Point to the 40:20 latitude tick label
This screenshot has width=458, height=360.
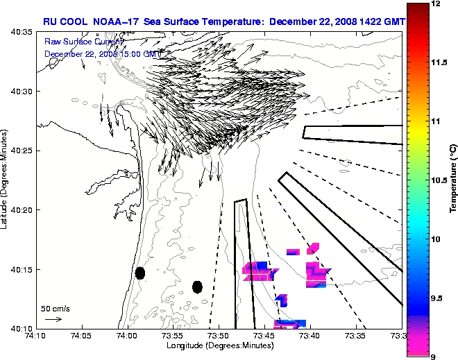click(x=23, y=209)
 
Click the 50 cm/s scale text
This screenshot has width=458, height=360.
click(x=55, y=308)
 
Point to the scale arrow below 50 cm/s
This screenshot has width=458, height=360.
click(x=53, y=319)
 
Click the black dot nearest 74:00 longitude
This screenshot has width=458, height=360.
click(x=139, y=273)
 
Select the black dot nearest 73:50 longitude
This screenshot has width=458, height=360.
click(x=197, y=286)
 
